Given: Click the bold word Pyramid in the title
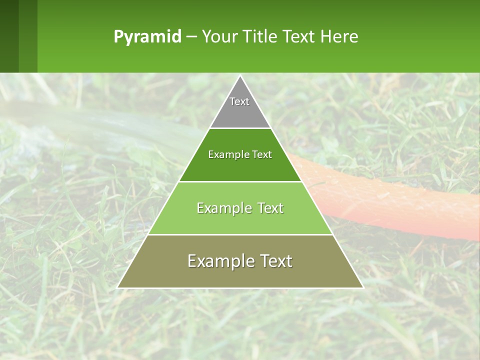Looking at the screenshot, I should pos(147,37).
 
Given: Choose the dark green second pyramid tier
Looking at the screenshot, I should pos(240,167).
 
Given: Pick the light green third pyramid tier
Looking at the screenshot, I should pos(240,220).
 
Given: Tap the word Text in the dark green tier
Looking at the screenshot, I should pos(262,155).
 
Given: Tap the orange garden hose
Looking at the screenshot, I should pos(400,200).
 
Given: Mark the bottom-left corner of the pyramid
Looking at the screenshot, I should pos(118,287).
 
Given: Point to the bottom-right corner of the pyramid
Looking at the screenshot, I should pos(363,287).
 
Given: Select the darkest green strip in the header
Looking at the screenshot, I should pos(9,36).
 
